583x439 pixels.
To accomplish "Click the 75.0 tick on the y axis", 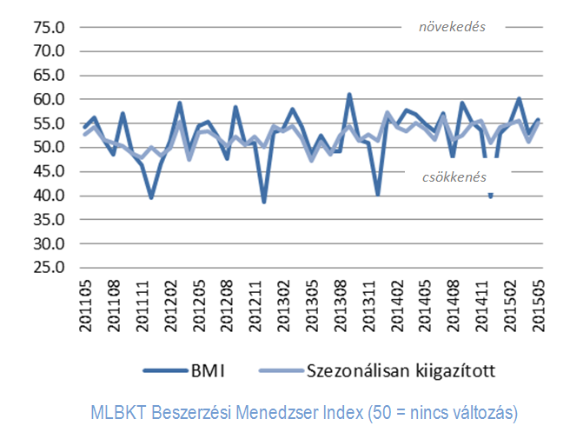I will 50,27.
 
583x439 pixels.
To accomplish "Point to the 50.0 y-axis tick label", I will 50,147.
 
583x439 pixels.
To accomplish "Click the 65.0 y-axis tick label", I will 50,75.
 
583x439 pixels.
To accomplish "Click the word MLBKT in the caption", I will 119,412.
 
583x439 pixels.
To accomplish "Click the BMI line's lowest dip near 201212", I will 264,202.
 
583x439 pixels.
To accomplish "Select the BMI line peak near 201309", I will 349,95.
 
